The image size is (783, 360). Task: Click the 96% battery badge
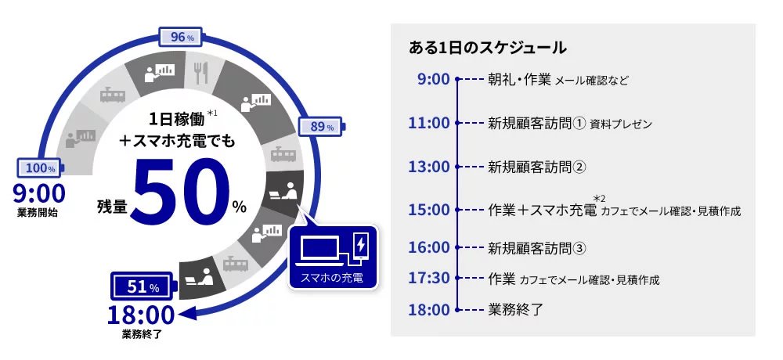pyautogui.click(x=181, y=38)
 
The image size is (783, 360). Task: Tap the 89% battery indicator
pyautogui.click(x=322, y=126)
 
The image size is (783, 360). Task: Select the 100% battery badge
pyautogui.click(x=41, y=168)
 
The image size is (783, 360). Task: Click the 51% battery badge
pyautogui.click(x=144, y=287)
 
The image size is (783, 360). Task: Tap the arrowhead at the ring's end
pyautogui.click(x=187, y=314)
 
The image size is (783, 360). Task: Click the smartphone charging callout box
pyautogui.click(x=333, y=257)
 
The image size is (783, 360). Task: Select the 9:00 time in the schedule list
pyautogui.click(x=434, y=79)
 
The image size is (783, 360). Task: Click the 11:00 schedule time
pyautogui.click(x=429, y=123)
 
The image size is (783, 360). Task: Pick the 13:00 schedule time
pyautogui.click(x=429, y=166)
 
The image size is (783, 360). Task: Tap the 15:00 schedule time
pyautogui.click(x=429, y=210)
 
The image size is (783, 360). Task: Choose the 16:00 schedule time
pyautogui.click(x=429, y=247)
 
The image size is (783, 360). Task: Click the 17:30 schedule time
pyautogui.click(x=429, y=278)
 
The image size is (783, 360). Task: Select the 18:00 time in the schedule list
pyautogui.click(x=429, y=310)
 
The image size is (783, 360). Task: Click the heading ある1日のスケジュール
pyautogui.click(x=487, y=48)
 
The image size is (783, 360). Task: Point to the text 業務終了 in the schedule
pyautogui.click(x=515, y=310)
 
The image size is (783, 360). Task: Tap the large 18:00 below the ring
pyautogui.click(x=141, y=315)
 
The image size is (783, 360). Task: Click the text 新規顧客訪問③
pyautogui.click(x=537, y=248)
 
